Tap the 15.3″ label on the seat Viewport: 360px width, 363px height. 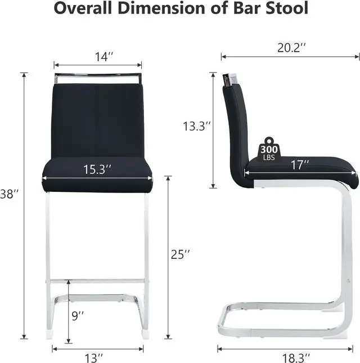point(98,169)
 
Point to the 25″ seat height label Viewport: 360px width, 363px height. point(180,254)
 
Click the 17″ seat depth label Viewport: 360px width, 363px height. point(300,165)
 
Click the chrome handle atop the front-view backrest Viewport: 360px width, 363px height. point(98,76)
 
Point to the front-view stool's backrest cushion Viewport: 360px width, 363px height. point(98,118)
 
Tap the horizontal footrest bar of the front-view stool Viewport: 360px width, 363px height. point(98,280)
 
